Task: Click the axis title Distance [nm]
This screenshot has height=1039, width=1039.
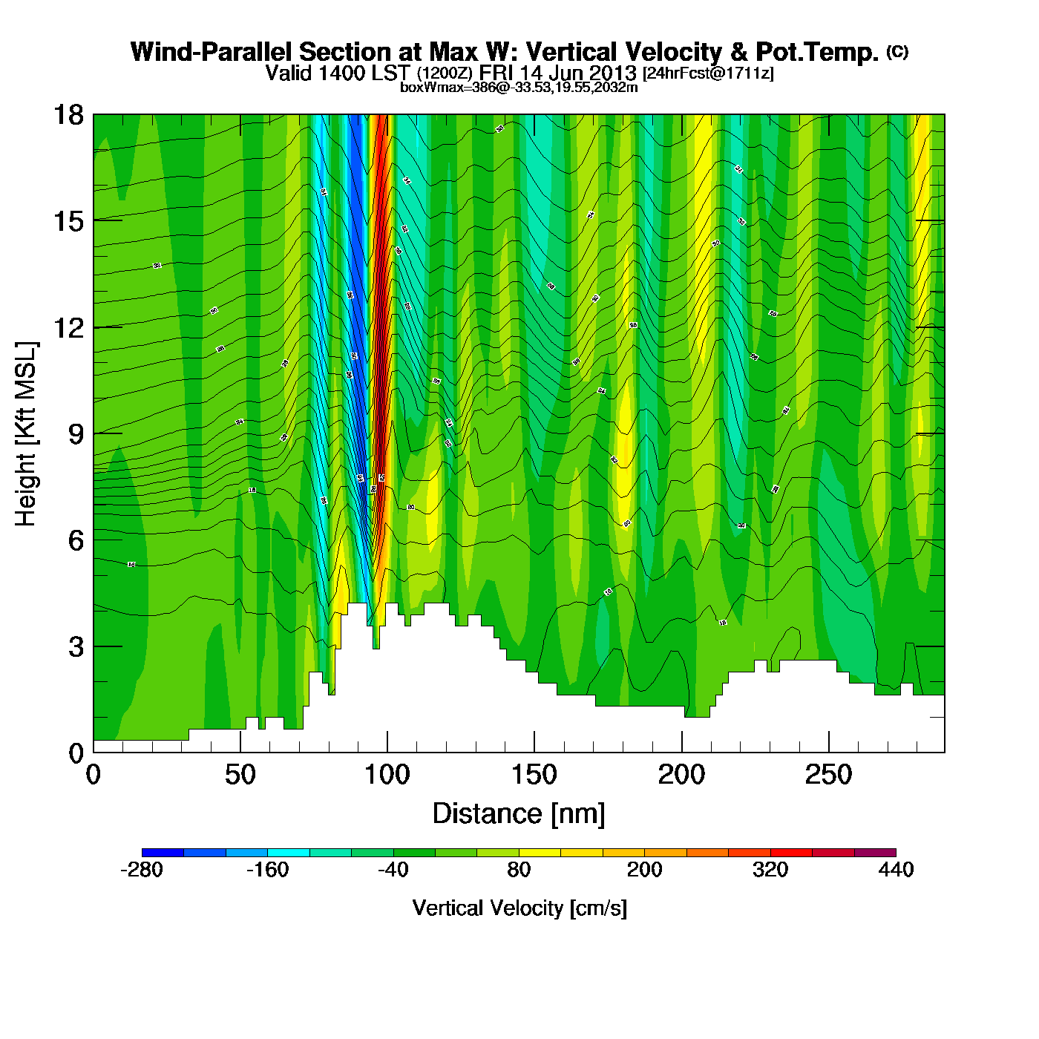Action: point(519,814)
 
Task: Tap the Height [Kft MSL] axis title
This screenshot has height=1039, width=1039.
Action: point(26,434)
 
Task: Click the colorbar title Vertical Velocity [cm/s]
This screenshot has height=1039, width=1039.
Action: point(519,908)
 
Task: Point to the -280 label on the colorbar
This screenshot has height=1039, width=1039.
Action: point(141,870)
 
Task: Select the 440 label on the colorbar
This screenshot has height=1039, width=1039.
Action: point(896,870)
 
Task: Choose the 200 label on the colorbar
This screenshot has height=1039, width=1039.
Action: point(644,870)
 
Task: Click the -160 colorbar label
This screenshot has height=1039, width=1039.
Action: point(267,870)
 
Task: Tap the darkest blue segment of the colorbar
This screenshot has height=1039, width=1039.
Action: point(163,853)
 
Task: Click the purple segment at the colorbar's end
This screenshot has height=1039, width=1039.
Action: point(875,853)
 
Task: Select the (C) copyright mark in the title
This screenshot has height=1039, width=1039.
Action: point(897,51)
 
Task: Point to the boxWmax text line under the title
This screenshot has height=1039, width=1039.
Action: point(519,87)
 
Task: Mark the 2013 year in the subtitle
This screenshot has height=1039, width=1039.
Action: point(613,73)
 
